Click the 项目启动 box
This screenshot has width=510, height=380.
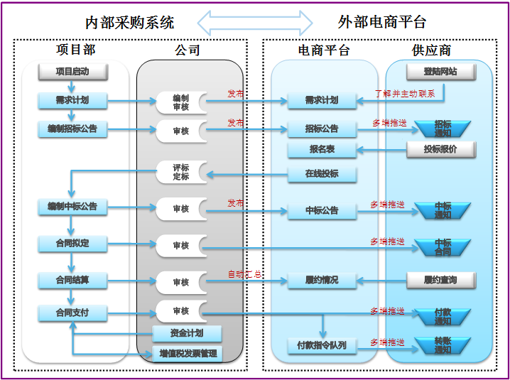click(72, 71)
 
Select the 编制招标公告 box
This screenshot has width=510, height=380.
click(72, 129)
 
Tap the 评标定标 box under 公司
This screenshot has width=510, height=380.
click(181, 172)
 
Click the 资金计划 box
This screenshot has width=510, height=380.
click(187, 333)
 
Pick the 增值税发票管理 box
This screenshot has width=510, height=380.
click(187, 353)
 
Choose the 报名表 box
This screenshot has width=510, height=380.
click(322, 150)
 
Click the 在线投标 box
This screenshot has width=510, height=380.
click(322, 173)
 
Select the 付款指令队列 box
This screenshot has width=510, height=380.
click(322, 345)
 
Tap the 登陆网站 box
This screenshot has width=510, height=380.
click(440, 72)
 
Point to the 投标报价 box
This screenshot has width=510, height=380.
click(440, 149)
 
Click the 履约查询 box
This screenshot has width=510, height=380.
click(440, 280)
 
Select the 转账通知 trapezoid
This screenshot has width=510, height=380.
click(443, 345)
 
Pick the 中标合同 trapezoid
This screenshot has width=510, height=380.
click(443, 246)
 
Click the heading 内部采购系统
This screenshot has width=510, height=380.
click(129, 23)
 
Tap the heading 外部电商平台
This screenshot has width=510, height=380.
click(382, 23)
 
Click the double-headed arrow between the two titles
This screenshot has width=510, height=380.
click(255, 22)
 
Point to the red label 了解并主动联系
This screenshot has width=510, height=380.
click(404, 93)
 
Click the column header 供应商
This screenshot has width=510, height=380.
click(431, 50)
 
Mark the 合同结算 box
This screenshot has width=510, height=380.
click(72, 280)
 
